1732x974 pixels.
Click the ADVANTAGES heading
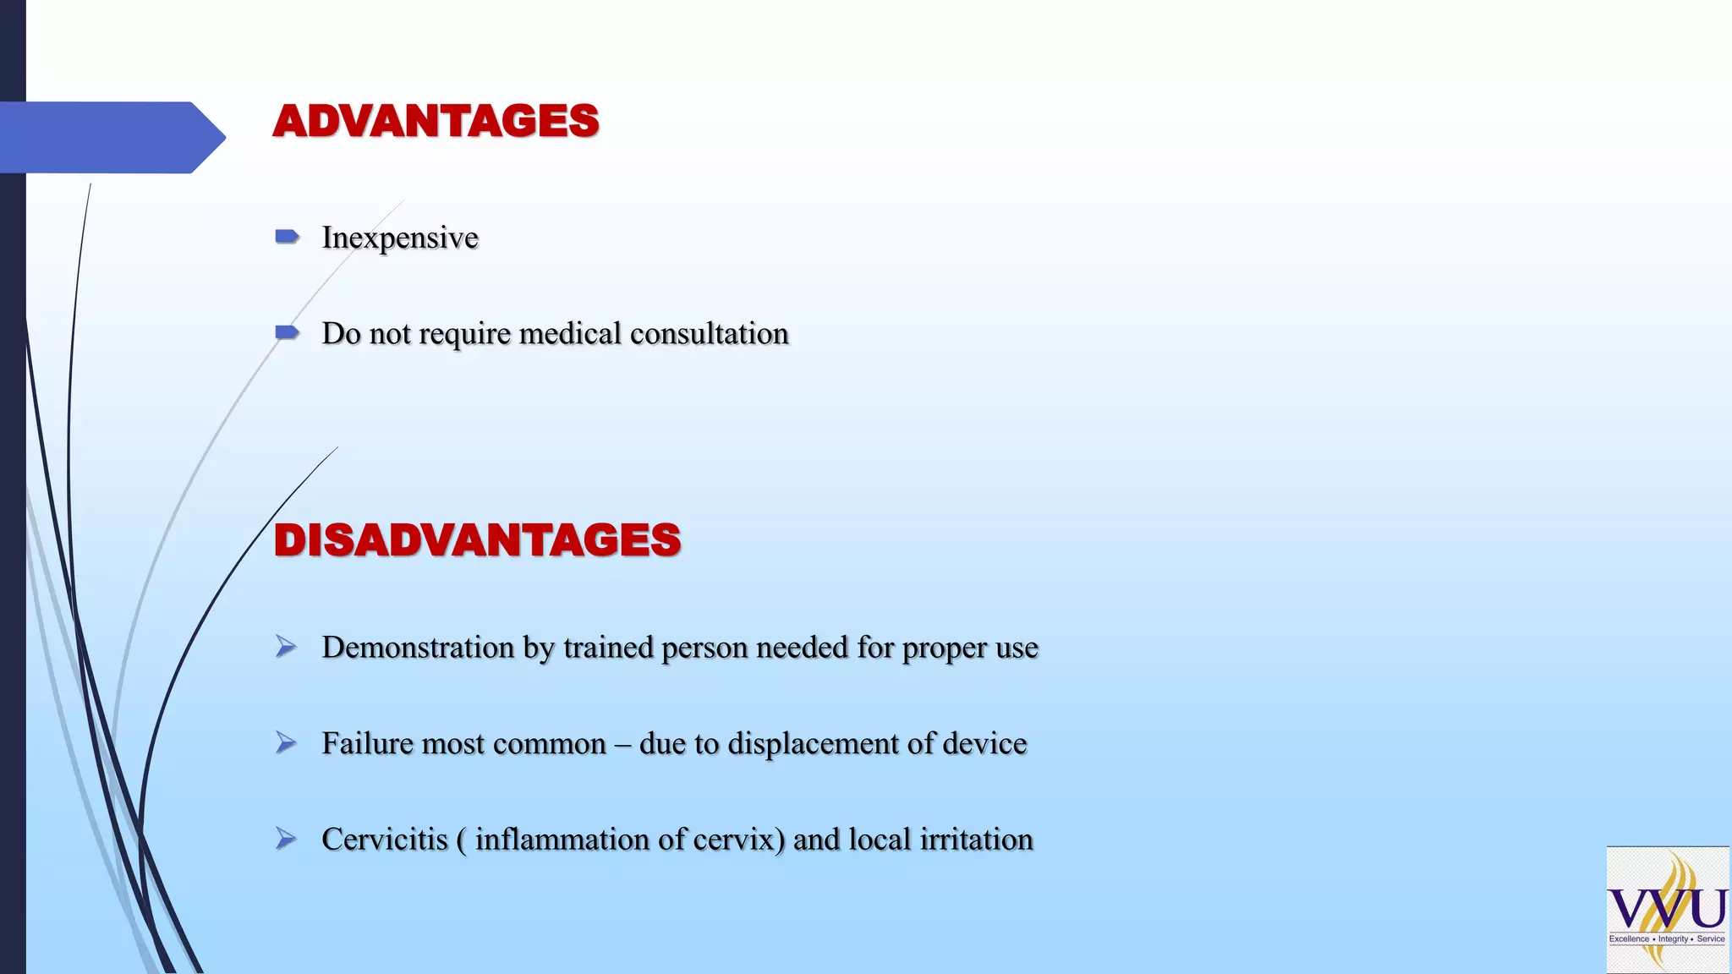pos(436,121)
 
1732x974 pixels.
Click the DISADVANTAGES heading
pos(477,540)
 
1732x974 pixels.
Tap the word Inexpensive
pos(400,238)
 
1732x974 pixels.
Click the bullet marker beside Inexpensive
pos(288,237)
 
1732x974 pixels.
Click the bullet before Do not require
pos(288,332)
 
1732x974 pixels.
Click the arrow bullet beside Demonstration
pos(287,647)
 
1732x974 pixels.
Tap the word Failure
pos(367,743)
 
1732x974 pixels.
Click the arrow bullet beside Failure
pos(287,743)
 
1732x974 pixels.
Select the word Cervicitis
pos(385,839)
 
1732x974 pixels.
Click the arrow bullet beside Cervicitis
pos(287,839)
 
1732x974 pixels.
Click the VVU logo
pos(1667,910)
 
